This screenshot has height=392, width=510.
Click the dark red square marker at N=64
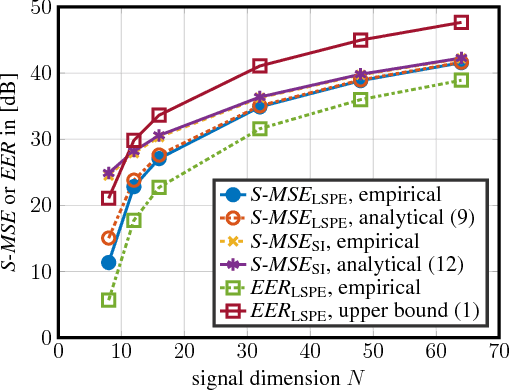[x=461, y=22]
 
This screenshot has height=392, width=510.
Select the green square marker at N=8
[x=108, y=299]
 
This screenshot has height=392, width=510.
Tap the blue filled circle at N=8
[x=108, y=262]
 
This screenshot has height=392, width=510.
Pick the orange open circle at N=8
[x=108, y=238]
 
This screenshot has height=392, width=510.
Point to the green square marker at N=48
[x=360, y=99]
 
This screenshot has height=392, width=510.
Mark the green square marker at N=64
[x=461, y=80]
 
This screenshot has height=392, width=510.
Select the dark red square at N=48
[x=360, y=40]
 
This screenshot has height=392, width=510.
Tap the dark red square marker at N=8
[x=108, y=198]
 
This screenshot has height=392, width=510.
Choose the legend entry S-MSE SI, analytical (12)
[x=350, y=264]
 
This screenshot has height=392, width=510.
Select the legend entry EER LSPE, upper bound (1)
[x=350, y=311]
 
